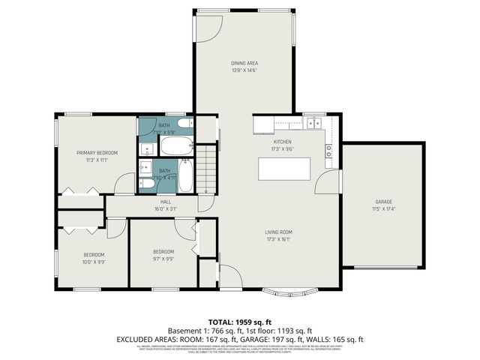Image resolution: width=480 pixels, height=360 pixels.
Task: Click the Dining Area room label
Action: coord(244,63)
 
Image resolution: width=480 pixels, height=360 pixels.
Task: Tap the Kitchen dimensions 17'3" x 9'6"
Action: coord(282,149)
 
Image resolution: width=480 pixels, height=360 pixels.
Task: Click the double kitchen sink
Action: coord(313,122)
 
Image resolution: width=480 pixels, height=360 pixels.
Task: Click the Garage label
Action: coord(383,202)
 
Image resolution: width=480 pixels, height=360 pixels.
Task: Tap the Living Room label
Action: coord(278,232)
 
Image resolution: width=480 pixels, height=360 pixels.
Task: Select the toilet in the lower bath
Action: coord(148,182)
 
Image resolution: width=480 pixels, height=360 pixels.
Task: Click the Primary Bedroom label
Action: coord(97,152)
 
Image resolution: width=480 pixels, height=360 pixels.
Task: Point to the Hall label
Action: coord(166,202)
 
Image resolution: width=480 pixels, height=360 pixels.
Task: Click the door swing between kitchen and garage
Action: coord(328,180)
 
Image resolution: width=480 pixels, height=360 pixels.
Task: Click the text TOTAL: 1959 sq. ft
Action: coord(239,320)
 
